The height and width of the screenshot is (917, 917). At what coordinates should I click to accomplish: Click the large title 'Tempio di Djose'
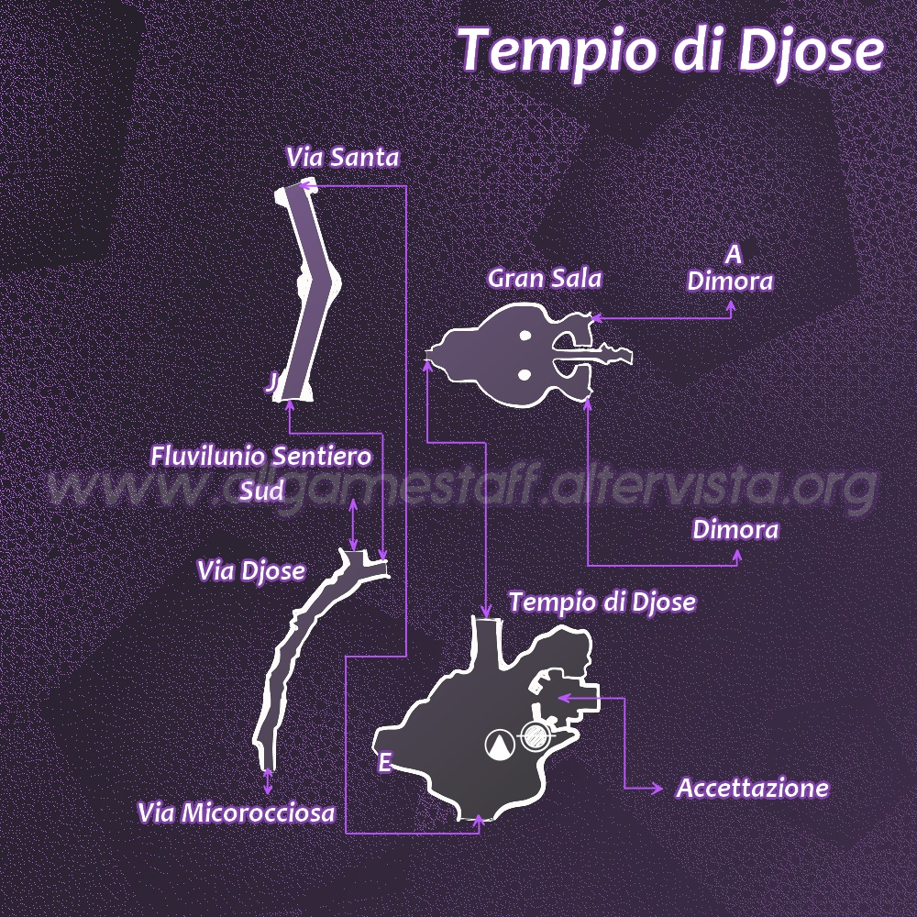pos(671,50)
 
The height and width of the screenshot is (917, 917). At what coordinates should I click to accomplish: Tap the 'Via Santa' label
pos(343,158)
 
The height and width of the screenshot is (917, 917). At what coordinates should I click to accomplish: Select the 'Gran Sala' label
pos(545,279)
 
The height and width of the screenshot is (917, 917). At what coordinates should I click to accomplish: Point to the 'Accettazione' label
pos(752,788)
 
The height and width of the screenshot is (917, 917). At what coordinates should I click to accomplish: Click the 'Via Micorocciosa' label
pos(237,812)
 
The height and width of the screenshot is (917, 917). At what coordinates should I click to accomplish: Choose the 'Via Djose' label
pos(251,571)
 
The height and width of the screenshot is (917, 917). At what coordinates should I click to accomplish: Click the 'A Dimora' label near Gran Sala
pos(731,269)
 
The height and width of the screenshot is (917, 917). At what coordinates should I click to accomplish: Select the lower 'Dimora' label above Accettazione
pos(735,530)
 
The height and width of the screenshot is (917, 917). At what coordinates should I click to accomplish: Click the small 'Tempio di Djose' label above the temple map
pos(602,602)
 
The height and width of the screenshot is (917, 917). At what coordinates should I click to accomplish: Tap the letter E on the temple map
pos(384,763)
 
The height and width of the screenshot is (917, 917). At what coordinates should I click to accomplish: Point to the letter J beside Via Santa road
pos(271,383)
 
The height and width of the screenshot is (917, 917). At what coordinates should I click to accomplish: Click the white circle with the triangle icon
pos(500,745)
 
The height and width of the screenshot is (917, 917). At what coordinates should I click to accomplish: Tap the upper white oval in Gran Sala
pos(525,336)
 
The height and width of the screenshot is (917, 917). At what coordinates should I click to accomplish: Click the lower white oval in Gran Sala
pos(525,375)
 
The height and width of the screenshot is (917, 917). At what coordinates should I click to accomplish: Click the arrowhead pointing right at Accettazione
pos(657,789)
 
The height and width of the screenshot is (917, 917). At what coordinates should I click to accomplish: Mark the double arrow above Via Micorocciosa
pos(268,781)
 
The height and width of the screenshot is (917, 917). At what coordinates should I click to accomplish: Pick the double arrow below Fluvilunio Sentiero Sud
pos(353,525)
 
